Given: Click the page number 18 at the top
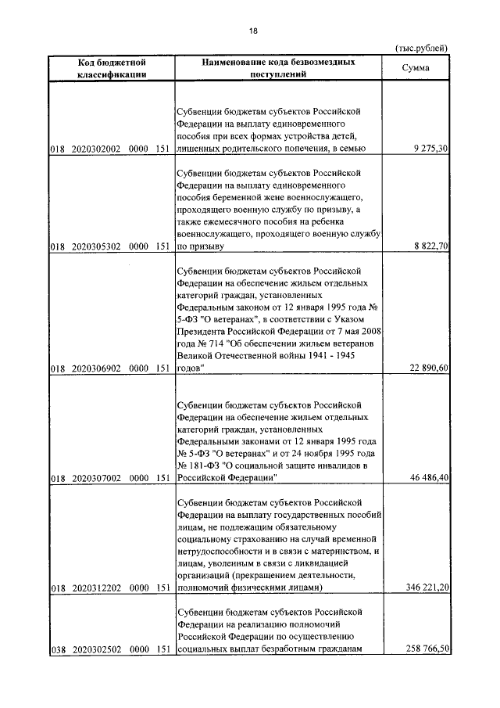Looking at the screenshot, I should click(x=252, y=31).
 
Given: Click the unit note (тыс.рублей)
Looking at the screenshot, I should click(x=422, y=48).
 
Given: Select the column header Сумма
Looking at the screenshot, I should click(x=418, y=68).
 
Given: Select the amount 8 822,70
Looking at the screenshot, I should click(x=427, y=246).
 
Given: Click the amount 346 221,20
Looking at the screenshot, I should click(x=423, y=586).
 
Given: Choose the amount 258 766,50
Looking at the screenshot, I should click(x=423, y=649).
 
